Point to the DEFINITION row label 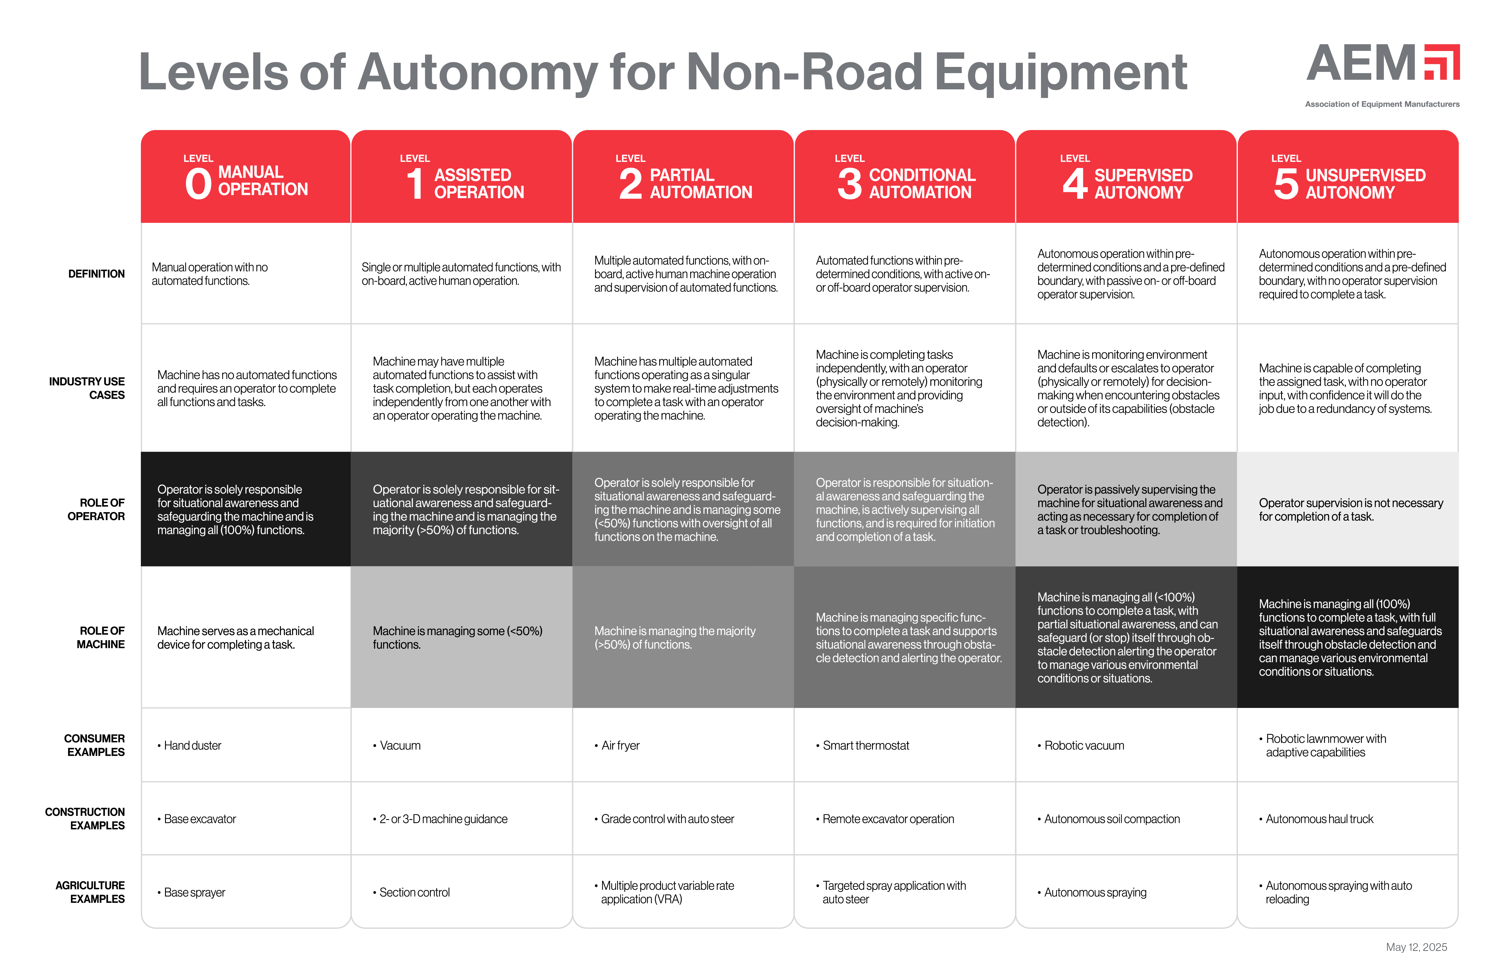tap(97, 274)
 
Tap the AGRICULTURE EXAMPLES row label tap(90, 892)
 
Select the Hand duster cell tap(193, 746)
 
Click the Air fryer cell tap(620, 746)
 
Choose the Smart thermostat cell tap(865, 746)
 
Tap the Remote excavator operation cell tap(887, 819)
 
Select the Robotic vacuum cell tap(1084, 746)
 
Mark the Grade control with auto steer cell tap(667, 819)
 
